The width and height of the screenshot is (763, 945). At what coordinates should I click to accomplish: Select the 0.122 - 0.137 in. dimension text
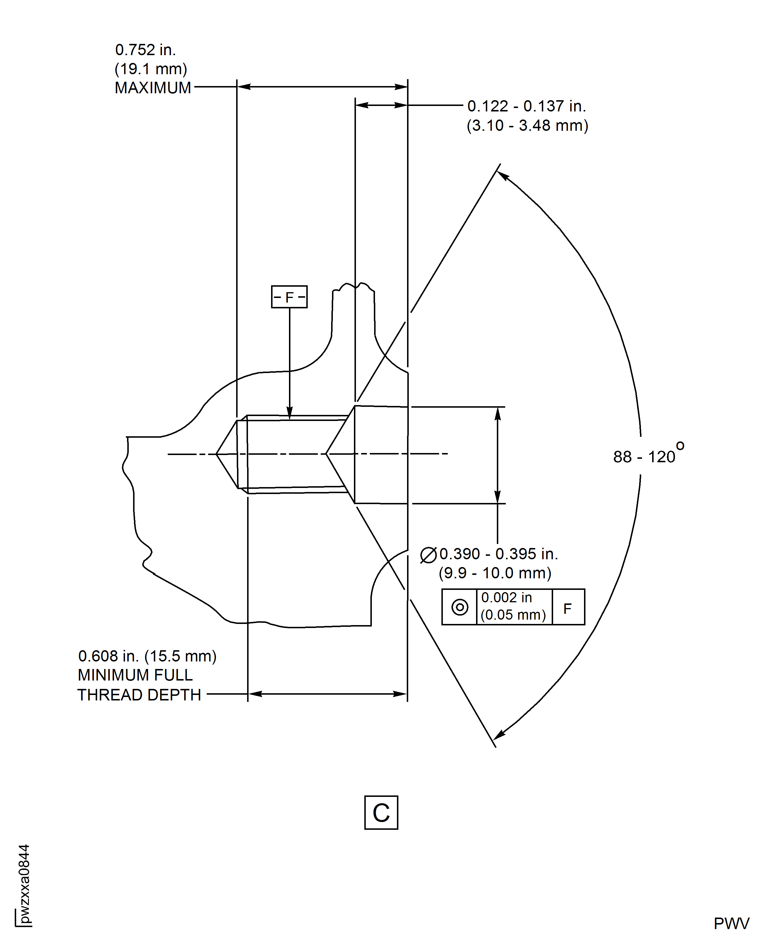click(x=526, y=106)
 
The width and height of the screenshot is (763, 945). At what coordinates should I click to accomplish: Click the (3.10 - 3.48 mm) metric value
click(x=527, y=126)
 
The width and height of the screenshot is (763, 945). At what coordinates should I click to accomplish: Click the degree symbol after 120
click(x=680, y=446)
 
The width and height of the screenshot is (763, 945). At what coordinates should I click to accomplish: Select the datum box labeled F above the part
click(x=289, y=297)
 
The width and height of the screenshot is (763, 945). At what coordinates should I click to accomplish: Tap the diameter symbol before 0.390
click(x=428, y=555)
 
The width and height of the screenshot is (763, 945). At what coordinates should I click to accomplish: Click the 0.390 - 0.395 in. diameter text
click(x=498, y=554)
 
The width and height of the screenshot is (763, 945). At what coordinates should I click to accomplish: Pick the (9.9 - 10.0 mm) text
click(x=495, y=573)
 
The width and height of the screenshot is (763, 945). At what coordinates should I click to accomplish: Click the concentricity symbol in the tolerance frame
click(x=460, y=607)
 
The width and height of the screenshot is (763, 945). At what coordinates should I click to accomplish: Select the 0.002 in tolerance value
click(x=506, y=598)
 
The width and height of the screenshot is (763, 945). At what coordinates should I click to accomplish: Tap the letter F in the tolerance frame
click(x=568, y=608)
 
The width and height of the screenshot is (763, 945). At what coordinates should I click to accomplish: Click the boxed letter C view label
click(x=381, y=813)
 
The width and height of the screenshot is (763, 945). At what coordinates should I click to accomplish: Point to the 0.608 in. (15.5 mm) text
click(x=147, y=656)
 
